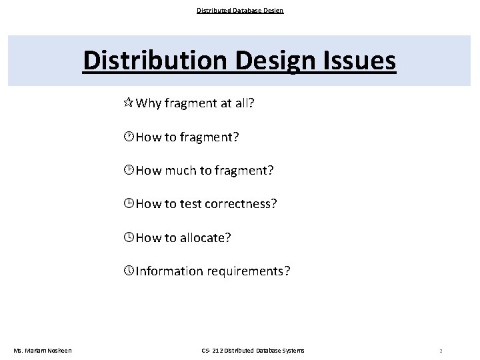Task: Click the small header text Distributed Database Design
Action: coord(240,10)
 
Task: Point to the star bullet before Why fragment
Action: coord(129,105)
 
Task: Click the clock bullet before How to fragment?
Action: coord(129,137)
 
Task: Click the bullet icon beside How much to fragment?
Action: coord(129,170)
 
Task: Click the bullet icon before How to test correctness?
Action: coord(129,203)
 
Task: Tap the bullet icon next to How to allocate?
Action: coord(129,238)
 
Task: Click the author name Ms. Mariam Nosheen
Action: coord(43,351)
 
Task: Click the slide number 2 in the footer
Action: coord(441,351)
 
